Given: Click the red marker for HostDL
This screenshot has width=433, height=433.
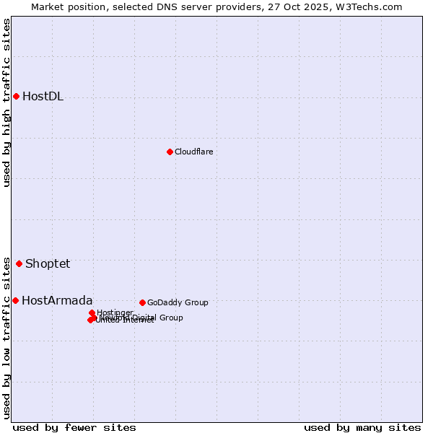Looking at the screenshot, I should (16, 96).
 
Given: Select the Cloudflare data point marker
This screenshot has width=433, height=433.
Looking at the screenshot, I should (170, 152).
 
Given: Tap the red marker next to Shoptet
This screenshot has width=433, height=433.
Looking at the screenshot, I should (19, 263).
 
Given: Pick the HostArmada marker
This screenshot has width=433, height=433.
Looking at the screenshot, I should (15, 300).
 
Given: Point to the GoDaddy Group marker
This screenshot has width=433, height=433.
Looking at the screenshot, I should (142, 302).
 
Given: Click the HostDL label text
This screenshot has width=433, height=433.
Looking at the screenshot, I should (43, 97).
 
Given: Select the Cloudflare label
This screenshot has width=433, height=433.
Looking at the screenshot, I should (193, 152).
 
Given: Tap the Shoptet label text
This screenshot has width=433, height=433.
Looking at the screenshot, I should (48, 263).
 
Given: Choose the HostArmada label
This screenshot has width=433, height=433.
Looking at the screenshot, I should (57, 300).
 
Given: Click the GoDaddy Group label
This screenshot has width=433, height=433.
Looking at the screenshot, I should (178, 302).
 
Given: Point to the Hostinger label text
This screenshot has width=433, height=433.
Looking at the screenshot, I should (115, 312).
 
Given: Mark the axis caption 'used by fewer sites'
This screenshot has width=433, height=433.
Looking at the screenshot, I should (74, 427).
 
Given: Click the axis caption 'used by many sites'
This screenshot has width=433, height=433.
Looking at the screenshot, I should (362, 427).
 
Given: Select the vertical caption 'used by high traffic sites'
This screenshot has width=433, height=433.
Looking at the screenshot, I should (6, 102).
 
